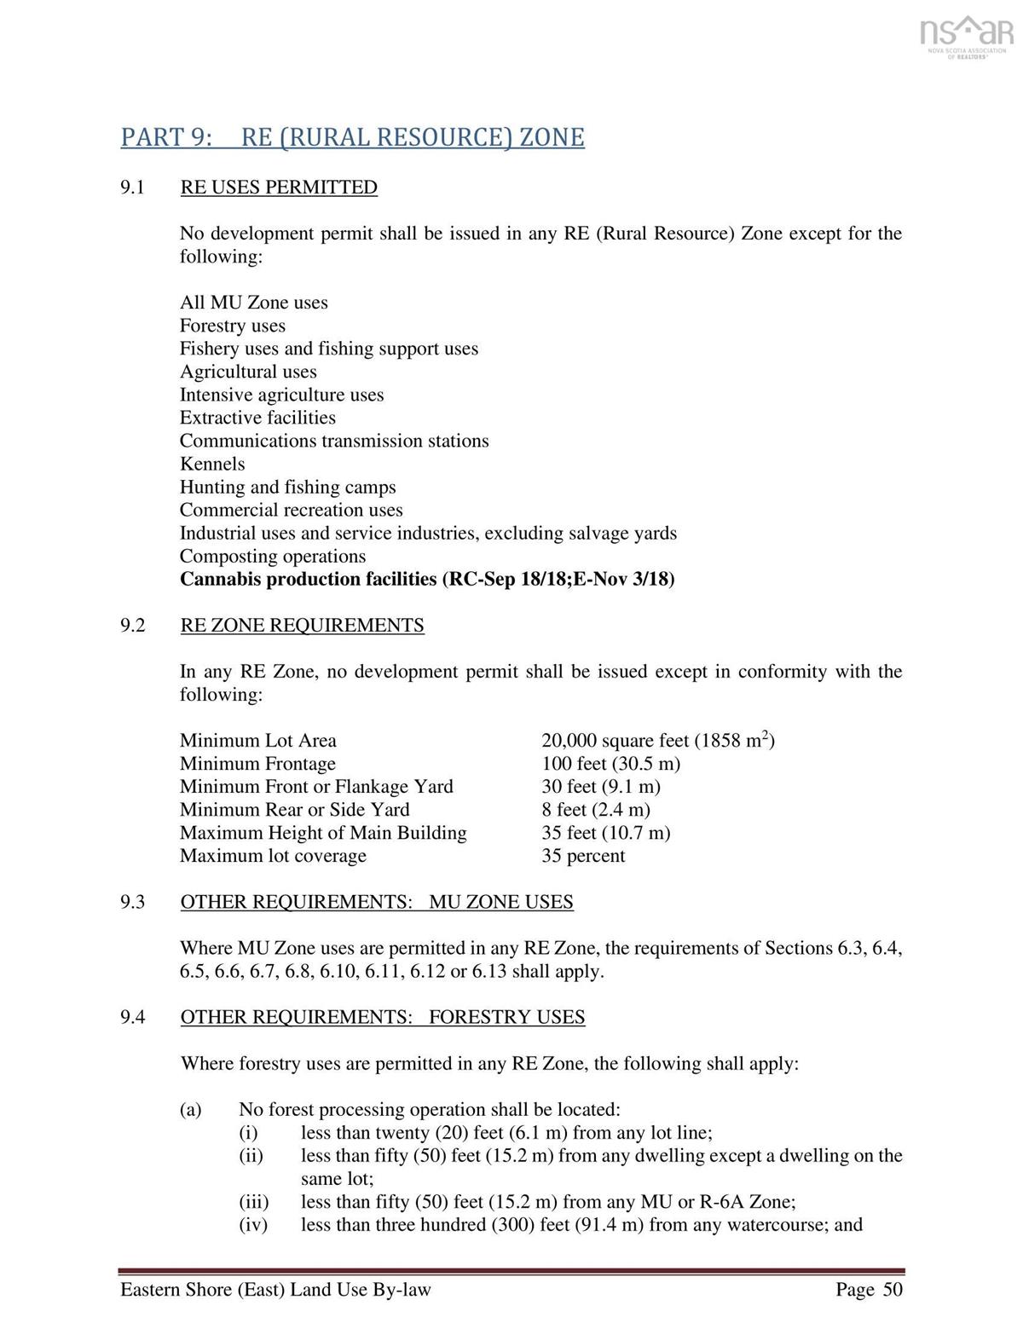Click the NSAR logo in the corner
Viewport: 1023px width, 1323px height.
click(x=966, y=38)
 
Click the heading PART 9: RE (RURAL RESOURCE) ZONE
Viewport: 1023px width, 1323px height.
click(x=352, y=137)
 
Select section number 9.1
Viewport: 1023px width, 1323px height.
click(x=132, y=188)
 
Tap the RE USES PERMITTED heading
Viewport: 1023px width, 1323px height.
click(x=279, y=188)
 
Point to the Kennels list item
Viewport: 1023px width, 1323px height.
click(x=212, y=464)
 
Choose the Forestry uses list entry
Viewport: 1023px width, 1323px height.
click(x=233, y=326)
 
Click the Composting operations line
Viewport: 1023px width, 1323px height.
click(x=273, y=556)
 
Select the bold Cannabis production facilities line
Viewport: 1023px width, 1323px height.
click(x=427, y=580)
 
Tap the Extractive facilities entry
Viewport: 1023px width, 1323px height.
click(x=257, y=418)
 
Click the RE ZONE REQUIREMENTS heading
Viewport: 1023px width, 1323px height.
click(x=302, y=626)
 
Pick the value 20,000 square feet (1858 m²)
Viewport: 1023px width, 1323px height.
click(x=657, y=741)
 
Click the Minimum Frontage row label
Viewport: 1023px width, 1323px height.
click(x=257, y=764)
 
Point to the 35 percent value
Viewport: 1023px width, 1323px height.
click(x=583, y=856)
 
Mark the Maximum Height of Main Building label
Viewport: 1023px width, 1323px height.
click(x=323, y=833)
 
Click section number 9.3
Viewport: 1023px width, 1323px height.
click(x=132, y=902)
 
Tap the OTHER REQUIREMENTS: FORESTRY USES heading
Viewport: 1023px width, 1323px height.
click(x=383, y=1017)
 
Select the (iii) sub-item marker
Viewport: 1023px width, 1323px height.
click(x=253, y=1202)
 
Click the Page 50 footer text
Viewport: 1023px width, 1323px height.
click(x=869, y=1290)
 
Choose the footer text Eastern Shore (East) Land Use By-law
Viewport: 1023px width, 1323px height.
click(x=275, y=1290)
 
